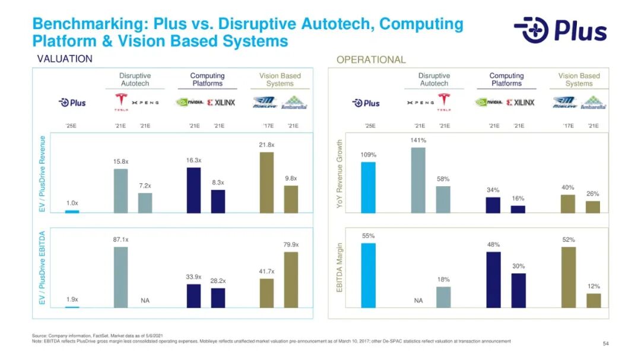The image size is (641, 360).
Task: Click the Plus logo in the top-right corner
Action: click(560, 30)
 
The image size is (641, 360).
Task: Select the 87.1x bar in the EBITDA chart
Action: click(120, 277)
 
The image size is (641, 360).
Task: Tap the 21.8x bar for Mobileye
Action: click(266, 182)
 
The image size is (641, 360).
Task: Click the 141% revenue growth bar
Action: click(418, 180)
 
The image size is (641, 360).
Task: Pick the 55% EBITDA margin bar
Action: click(368, 275)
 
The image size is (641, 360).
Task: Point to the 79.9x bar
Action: click(291, 279)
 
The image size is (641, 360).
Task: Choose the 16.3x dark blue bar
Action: click(194, 190)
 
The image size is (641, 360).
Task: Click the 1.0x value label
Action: click(72, 203)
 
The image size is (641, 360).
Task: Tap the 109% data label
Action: click(368, 155)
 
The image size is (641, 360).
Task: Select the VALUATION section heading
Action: click(65, 59)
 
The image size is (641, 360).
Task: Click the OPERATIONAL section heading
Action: click(371, 59)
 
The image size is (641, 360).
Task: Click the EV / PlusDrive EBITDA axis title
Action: click(42, 268)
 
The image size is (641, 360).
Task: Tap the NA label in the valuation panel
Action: click(145, 301)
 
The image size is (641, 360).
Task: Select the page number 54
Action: click(605, 344)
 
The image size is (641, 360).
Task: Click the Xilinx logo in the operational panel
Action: click(521, 102)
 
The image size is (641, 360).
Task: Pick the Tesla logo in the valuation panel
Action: click(121, 102)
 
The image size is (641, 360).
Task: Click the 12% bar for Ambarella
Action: click(594, 300)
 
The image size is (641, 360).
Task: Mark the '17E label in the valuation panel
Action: click(268, 126)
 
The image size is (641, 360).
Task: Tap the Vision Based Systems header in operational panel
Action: click(579, 79)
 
